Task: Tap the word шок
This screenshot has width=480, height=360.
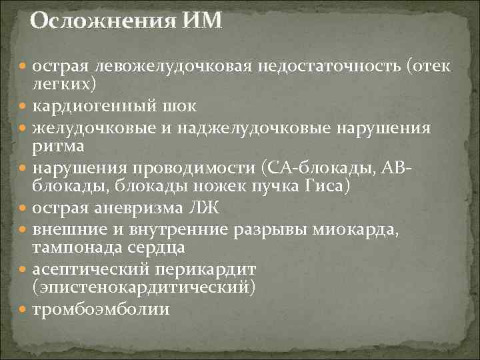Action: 184,105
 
